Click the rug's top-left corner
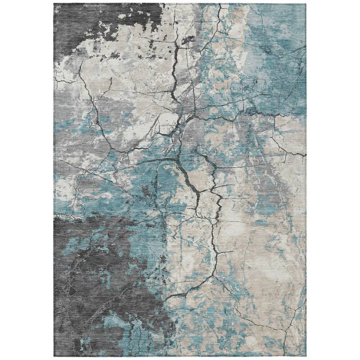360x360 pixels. [54, 3]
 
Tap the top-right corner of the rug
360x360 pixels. [306, 3]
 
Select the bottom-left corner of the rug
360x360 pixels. [54, 357]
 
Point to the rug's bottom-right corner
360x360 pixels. [306, 357]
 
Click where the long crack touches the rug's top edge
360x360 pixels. [220, 4]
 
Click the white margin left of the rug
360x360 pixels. [27, 180]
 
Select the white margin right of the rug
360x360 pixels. [333, 180]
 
